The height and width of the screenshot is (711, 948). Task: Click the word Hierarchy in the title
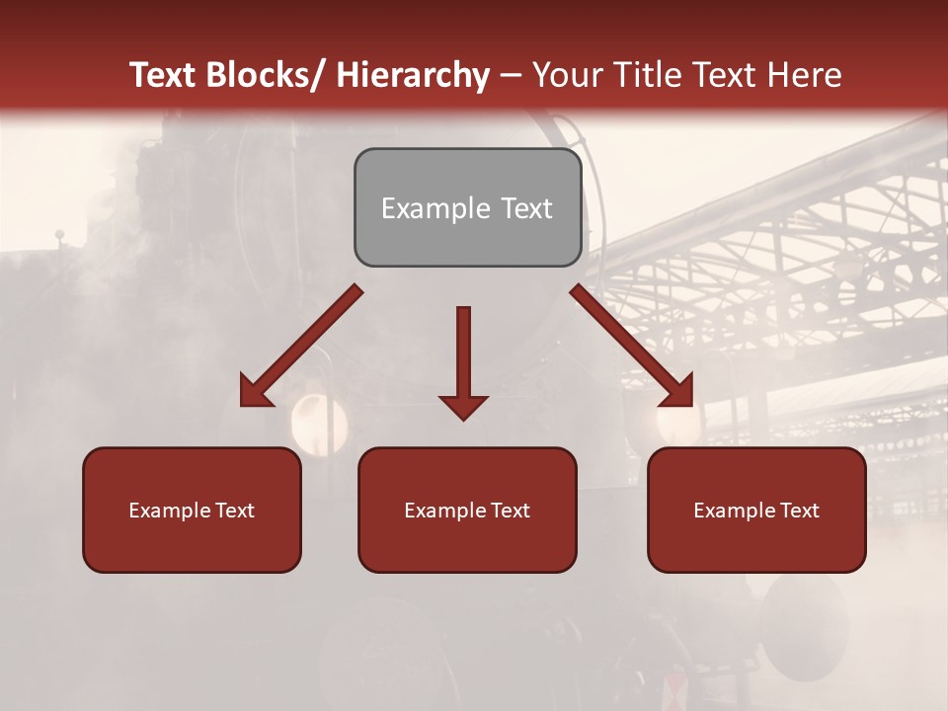click(413, 75)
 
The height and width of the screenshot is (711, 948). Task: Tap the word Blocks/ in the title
click(262, 75)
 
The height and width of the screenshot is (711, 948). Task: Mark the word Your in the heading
click(566, 75)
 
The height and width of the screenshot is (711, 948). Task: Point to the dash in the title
click(511, 75)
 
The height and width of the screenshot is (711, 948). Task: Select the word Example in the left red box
click(168, 511)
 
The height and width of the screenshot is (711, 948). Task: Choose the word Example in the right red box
click(733, 511)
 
